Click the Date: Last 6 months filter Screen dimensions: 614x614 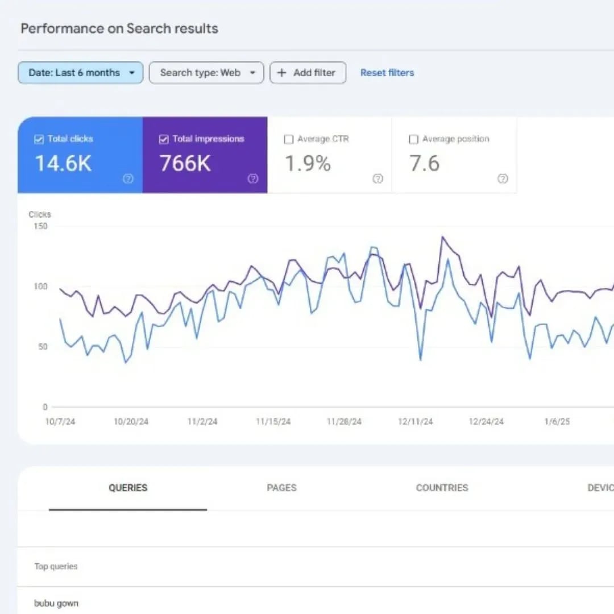80,73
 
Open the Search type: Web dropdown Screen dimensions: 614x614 206,73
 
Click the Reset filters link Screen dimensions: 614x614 387,73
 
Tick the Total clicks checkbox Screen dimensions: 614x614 39,139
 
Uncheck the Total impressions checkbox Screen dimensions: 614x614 164,139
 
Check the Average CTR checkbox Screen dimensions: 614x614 289,139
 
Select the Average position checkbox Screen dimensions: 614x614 414,139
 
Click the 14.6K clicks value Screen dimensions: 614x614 63,164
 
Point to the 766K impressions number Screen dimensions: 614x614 185,164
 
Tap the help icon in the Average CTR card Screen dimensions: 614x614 377,179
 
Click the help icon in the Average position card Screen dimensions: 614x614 503,179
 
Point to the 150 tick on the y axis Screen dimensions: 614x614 41,226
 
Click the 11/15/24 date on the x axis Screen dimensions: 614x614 273,422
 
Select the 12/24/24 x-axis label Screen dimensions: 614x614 486,422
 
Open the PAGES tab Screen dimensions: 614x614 281,488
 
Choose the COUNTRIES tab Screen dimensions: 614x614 442,488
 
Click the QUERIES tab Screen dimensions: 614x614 128,488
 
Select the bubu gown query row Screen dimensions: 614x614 56,603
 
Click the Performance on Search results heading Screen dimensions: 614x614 119,28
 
